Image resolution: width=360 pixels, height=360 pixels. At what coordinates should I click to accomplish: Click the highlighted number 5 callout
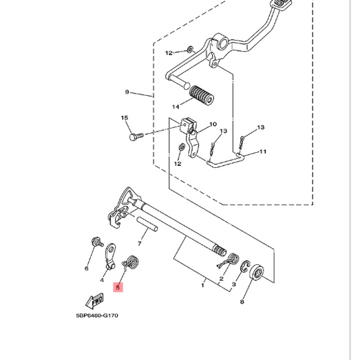pos(118,287)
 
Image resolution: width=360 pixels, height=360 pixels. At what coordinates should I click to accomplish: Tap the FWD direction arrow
pos(94,301)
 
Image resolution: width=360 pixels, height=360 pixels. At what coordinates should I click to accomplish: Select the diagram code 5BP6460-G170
pos(97,315)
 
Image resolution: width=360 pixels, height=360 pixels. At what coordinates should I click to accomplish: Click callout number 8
pos(242,301)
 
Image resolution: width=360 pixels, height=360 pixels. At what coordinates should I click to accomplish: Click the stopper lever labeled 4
pos(110,256)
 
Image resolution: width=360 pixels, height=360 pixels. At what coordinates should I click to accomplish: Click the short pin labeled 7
pos(147,224)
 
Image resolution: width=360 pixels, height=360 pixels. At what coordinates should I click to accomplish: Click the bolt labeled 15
pos(136,136)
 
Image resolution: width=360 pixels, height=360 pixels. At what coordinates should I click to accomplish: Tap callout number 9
pos(127,92)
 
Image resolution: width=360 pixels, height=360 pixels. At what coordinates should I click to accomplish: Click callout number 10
pos(213,125)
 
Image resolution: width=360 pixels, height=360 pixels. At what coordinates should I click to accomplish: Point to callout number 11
pos(263,151)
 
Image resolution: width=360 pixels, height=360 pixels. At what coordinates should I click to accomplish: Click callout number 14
pos(176,107)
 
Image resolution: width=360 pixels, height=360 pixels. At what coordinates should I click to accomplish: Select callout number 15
pos(125,118)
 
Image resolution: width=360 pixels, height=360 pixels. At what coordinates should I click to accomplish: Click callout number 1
pos(203,286)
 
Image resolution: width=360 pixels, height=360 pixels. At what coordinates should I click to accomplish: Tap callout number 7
pos(139,244)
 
